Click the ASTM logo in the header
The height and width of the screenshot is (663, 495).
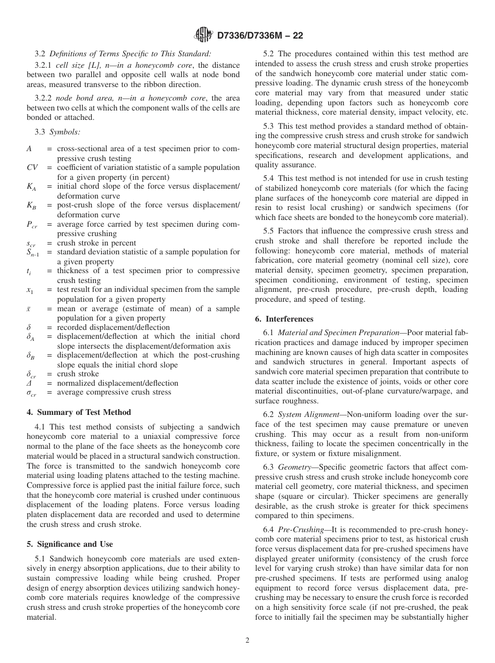[203, 35]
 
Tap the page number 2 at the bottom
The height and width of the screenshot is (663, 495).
[247, 641]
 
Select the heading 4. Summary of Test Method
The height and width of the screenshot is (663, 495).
[79, 412]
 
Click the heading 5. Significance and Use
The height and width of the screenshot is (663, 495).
[70, 544]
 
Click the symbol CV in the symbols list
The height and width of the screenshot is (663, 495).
[32, 167]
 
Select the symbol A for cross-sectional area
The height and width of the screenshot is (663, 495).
[29, 149]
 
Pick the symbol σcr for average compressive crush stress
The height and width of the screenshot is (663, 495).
[32, 392]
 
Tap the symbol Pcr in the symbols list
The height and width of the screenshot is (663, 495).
[32, 225]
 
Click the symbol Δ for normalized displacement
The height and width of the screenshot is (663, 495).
[29, 383]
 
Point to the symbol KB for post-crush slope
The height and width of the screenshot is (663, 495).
[31, 206]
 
